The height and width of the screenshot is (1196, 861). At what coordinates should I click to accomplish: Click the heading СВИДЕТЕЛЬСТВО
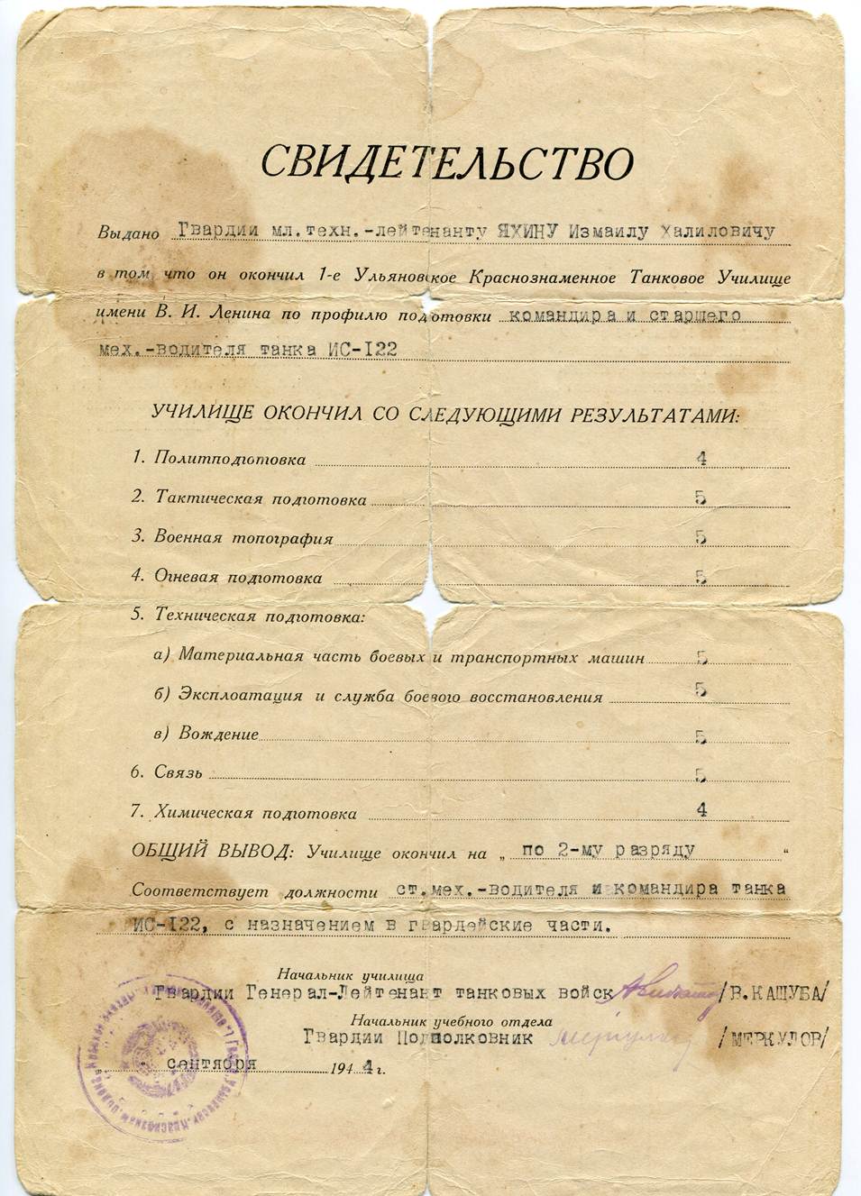tap(447, 163)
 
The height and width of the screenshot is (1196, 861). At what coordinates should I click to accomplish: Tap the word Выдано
tap(128, 233)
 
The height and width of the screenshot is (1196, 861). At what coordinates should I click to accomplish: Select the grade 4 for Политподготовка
tap(701, 458)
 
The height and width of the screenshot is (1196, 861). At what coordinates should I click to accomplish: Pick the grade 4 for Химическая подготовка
tap(701, 809)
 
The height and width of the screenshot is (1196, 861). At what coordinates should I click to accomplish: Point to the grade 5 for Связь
tap(701, 774)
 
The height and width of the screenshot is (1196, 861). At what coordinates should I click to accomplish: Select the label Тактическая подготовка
tap(261, 498)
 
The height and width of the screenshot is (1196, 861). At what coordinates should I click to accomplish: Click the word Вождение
tap(218, 734)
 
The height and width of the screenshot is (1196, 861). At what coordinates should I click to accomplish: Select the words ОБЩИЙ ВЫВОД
tap(213, 851)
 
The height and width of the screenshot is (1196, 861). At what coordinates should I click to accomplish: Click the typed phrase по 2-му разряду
tap(609, 850)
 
